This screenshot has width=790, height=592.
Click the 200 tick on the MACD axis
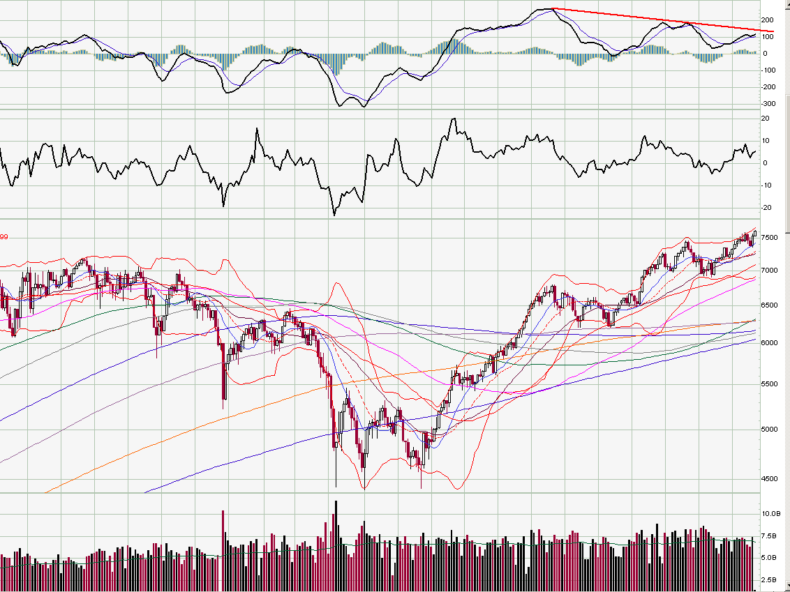pos(768,20)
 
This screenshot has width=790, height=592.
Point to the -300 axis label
pos(768,104)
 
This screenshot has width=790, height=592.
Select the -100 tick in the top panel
pos(768,70)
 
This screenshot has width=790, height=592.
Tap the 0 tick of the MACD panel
pos(765,54)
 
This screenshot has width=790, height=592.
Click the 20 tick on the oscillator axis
pos(765,119)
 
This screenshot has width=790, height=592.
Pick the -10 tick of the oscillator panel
pos(766,185)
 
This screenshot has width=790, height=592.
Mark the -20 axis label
pos(766,208)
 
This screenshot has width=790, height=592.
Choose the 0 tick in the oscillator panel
pos(765,163)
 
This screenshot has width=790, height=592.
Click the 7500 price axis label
pos(769,238)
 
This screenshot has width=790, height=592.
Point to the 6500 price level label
pos(769,305)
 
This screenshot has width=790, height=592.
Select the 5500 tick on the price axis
pos(769,384)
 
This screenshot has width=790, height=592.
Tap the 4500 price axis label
pos(769,479)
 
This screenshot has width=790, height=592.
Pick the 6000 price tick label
pos(769,343)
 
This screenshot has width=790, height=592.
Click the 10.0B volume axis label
pos(770,513)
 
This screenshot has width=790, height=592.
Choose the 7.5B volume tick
pos(768,536)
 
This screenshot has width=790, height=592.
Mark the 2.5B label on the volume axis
pos(768,580)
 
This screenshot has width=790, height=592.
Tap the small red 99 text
pos(4,237)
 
